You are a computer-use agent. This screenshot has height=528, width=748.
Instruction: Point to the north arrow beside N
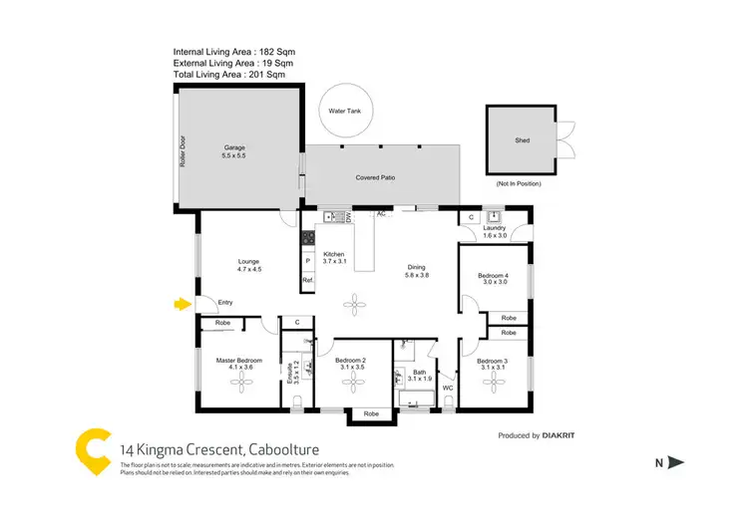(x=675, y=461)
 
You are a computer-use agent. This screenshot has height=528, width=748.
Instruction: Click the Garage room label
(x=233, y=152)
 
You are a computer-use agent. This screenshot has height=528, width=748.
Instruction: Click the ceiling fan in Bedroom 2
(x=356, y=386)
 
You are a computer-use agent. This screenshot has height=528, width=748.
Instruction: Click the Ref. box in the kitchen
(x=308, y=282)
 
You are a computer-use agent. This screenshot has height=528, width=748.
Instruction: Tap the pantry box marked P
(x=308, y=260)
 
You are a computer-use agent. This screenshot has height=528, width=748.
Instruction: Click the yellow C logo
(x=95, y=450)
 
